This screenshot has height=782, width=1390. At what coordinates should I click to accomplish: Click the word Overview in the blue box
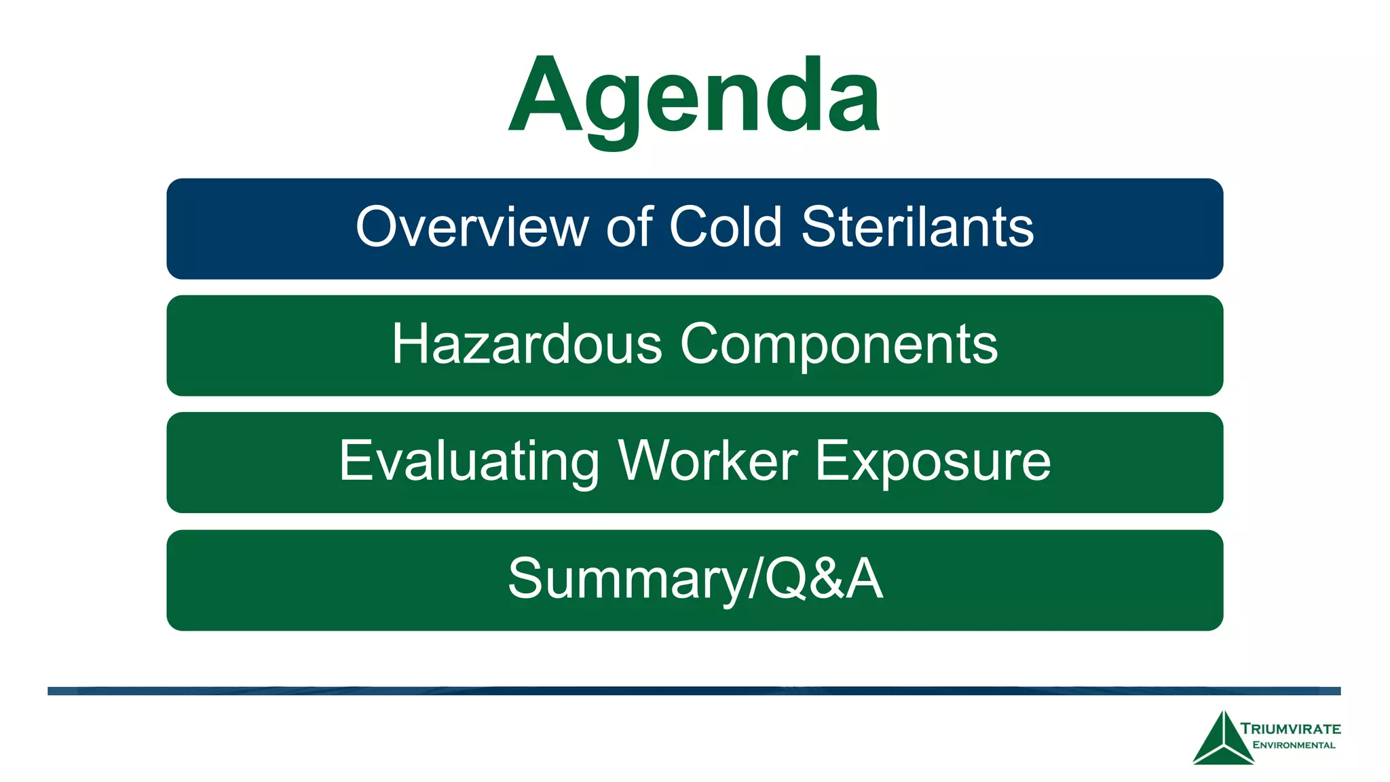472,227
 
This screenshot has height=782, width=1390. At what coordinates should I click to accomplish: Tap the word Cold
726,227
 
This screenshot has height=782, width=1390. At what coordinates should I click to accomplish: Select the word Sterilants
918,227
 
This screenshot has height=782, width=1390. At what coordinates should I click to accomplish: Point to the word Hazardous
527,344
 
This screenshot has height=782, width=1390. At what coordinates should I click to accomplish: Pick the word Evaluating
469,462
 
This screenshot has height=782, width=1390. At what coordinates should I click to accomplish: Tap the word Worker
708,461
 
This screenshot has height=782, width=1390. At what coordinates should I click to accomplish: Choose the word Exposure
933,462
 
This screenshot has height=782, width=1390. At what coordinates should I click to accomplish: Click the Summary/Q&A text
695,579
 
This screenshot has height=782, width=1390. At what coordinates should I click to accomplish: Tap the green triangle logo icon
1223,740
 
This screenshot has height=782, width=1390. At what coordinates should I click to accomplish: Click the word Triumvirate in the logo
1290,729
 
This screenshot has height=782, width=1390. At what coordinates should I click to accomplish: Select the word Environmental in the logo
1294,745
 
